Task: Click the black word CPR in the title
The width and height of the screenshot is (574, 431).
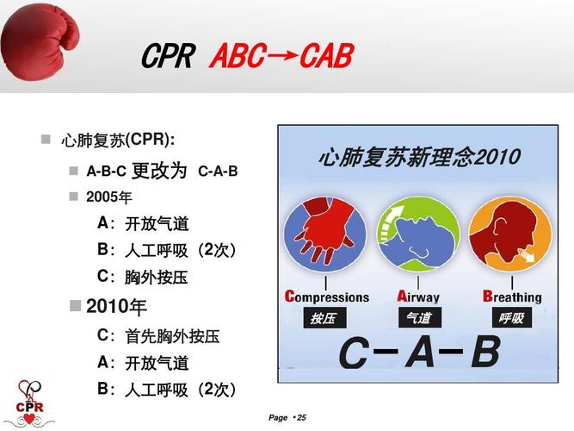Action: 168,56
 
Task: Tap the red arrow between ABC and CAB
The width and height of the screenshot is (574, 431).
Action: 282,56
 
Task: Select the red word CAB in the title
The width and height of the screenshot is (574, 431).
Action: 326,56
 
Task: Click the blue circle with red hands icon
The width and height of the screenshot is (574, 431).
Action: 325,234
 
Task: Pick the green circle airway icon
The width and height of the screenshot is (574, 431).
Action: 418,234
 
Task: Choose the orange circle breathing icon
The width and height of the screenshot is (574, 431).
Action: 510,234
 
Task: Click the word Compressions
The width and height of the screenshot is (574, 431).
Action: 327,297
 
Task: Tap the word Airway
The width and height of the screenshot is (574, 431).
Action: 418,297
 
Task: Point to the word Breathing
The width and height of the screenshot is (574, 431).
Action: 512,297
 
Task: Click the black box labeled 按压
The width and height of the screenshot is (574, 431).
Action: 324,318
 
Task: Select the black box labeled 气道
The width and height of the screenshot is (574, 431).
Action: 420,318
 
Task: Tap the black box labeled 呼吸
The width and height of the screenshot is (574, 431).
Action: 512,318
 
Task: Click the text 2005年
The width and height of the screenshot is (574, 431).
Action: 109,197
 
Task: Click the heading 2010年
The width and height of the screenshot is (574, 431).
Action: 116,307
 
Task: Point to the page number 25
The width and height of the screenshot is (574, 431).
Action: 301,417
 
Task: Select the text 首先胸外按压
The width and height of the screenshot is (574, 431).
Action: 172,336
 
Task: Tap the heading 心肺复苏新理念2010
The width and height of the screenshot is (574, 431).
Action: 419,157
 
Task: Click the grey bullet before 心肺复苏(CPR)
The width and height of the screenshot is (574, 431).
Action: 46,140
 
